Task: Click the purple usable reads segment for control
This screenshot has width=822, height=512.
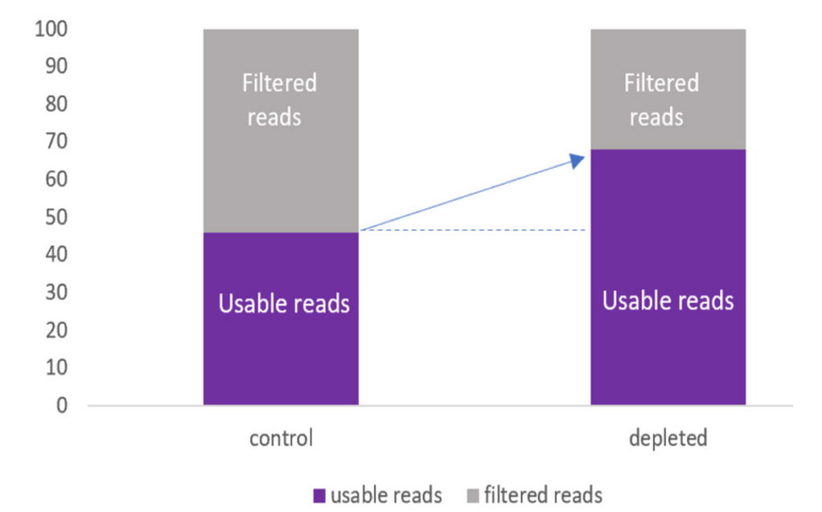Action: pos(281,318)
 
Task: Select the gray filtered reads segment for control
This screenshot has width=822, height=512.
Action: pos(281,131)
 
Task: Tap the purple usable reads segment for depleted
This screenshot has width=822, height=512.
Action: pos(668,276)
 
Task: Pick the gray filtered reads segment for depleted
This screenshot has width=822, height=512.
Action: pos(668,89)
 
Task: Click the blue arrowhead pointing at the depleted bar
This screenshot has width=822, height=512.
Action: pos(577,161)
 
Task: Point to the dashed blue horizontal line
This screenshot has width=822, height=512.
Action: pos(473,230)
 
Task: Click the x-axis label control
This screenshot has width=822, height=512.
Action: pos(281,438)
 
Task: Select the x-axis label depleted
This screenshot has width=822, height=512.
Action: pos(668,438)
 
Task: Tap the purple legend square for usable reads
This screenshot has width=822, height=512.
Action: pos(319,495)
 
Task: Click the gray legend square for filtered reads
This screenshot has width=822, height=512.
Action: pos(473,495)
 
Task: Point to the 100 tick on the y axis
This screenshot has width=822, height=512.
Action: pos(51,29)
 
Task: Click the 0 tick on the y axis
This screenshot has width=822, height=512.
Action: pos(62,405)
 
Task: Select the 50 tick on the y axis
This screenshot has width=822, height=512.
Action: pos(56,217)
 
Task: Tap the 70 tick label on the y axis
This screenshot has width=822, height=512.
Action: pos(56,141)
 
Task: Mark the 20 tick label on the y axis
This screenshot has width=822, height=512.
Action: pos(56,330)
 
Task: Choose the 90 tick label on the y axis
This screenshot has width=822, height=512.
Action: pos(56,66)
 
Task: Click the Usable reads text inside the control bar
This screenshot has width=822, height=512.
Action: pos(283,304)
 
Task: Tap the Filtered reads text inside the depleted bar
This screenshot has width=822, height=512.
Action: pos(661,100)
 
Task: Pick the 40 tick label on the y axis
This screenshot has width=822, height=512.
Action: pos(56,254)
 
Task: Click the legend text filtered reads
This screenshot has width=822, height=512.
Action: pos(543,495)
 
